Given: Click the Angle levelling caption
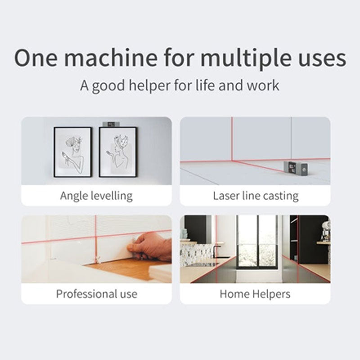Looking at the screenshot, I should click(x=96, y=196).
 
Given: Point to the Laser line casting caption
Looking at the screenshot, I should click(x=255, y=196).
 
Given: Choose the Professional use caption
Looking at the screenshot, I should click(x=96, y=294).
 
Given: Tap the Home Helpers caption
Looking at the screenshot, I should click(x=255, y=294).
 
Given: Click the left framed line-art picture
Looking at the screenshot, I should click(x=72, y=152).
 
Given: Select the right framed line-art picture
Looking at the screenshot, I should click(x=117, y=152).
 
